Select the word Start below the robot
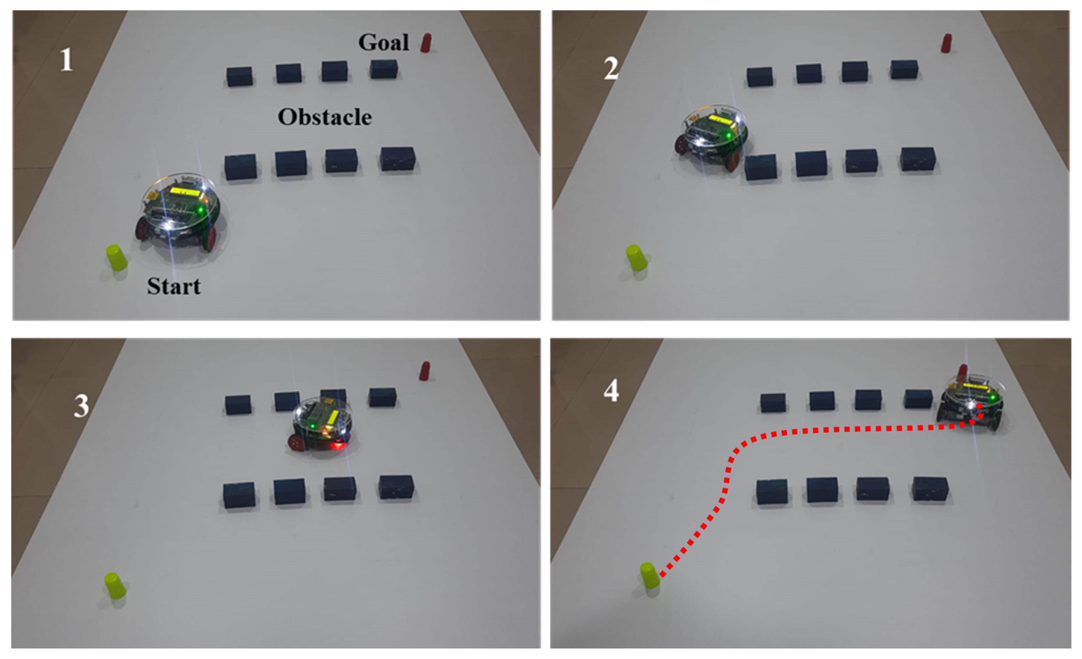tap(174, 286)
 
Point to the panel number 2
tap(611, 69)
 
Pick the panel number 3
tap(81, 406)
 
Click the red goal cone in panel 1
tap(426, 43)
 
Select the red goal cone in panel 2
tap(946, 43)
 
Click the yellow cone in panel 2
tap(637, 258)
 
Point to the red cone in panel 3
tap(425, 371)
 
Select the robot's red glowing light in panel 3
tap(337, 446)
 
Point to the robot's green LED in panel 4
tap(992, 398)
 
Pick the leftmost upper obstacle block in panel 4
tap(773, 403)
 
